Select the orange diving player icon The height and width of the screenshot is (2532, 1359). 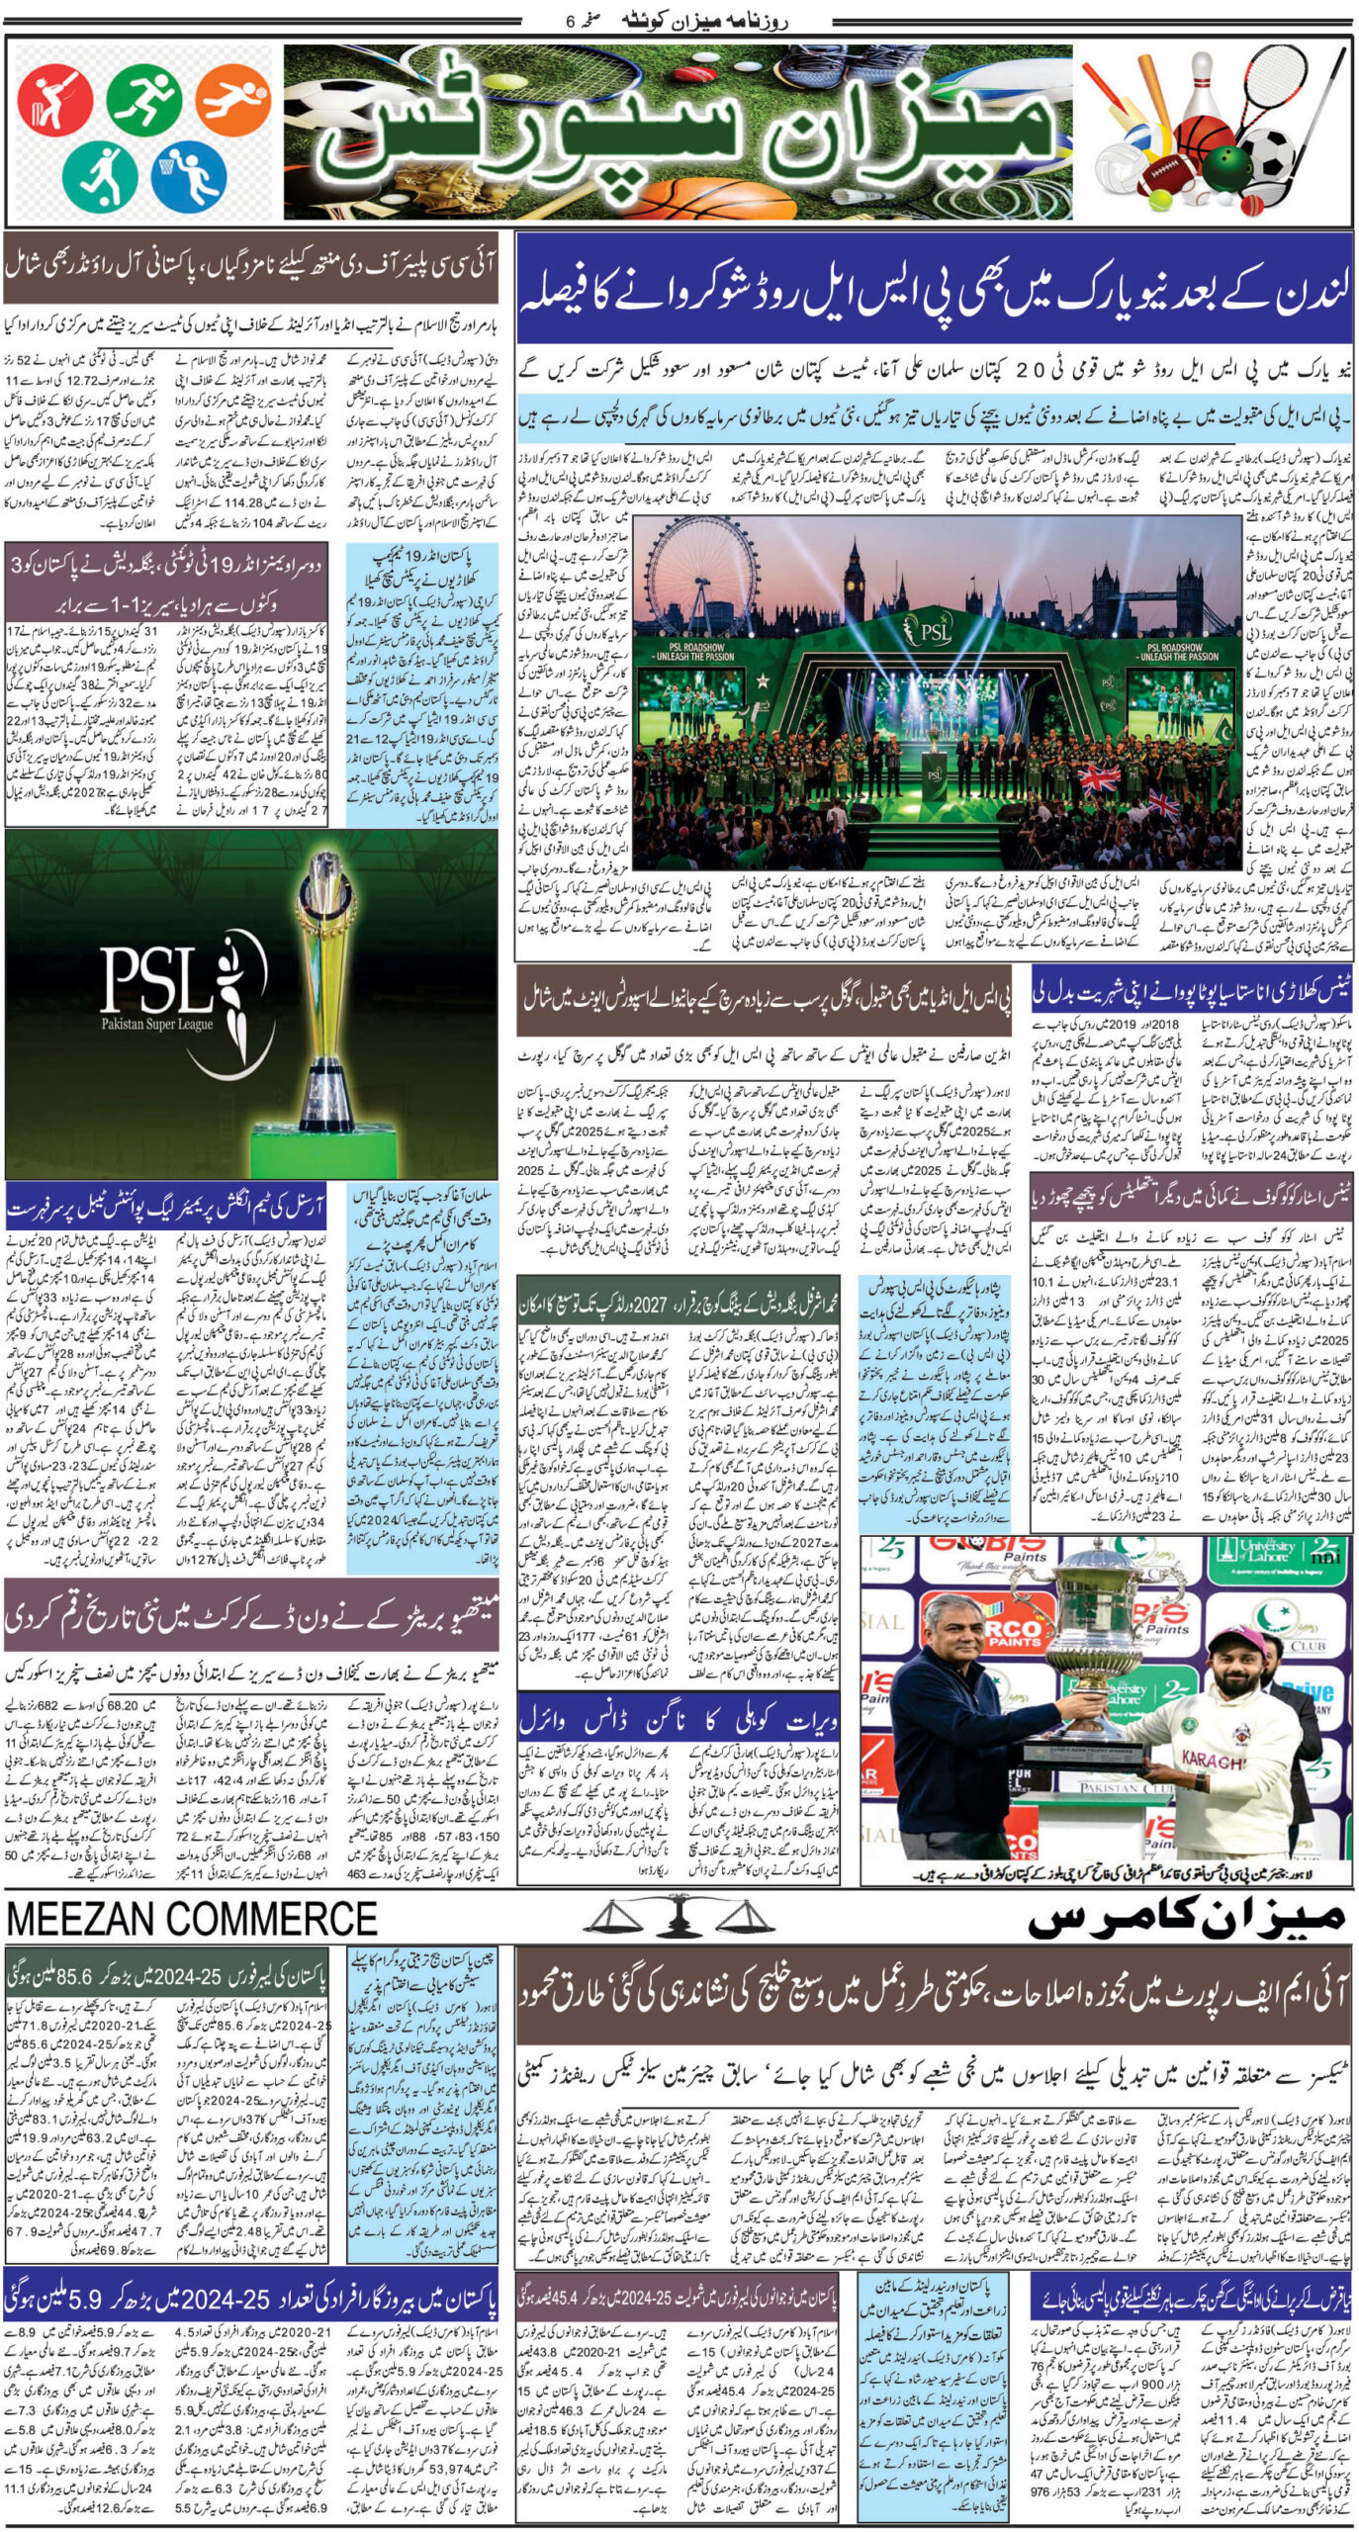click(232, 99)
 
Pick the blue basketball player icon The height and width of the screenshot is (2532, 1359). click(189, 175)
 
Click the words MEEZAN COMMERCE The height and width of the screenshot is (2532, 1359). click(192, 1919)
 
